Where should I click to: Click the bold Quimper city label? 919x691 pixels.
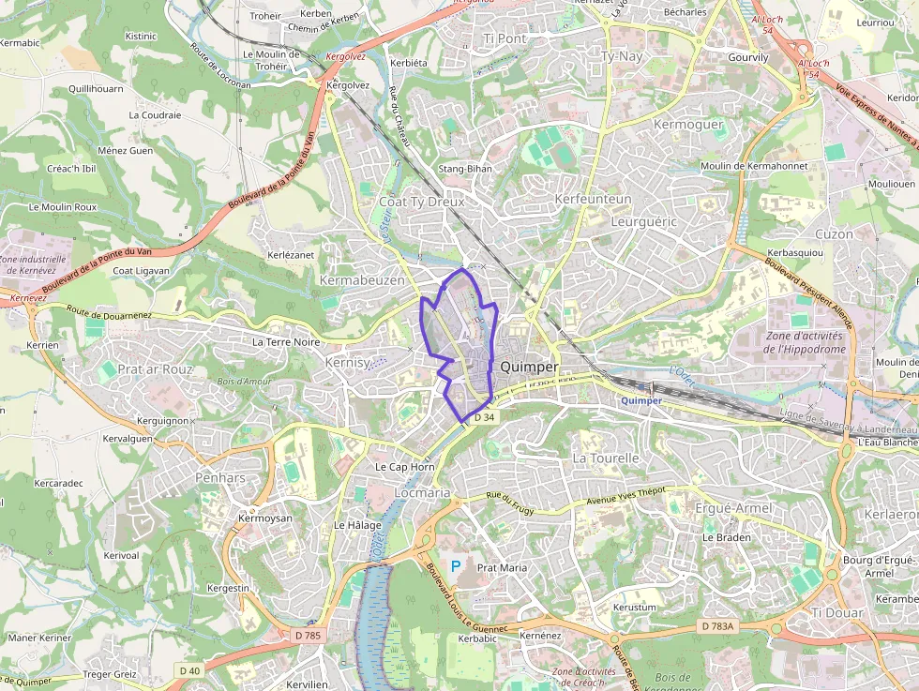coord(529,367)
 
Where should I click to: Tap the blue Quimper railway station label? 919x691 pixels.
coord(641,400)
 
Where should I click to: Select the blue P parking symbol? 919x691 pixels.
coord(456,565)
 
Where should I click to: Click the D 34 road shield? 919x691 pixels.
coord(484,416)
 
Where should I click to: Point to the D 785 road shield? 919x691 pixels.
coord(308,636)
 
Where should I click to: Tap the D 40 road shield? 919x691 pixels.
coord(188,669)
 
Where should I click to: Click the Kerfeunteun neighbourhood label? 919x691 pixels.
coord(594,200)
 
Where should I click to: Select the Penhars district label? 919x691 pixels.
coord(220,478)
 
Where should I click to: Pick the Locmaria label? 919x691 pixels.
coord(423,492)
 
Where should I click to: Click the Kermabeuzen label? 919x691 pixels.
coord(362,280)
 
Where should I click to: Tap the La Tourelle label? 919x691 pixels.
coord(605,458)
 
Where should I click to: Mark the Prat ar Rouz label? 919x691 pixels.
coord(155,369)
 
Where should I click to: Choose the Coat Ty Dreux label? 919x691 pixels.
coord(422,202)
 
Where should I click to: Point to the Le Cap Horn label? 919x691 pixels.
coord(405,467)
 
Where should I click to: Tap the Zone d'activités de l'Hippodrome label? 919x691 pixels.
coord(806,342)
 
